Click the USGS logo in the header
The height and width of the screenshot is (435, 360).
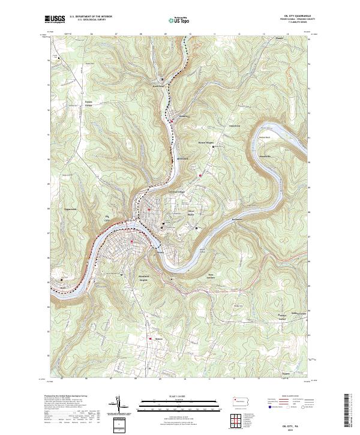pyautogui.click(x=55, y=19)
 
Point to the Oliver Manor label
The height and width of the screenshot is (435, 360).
pyautogui.click(x=195, y=212)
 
